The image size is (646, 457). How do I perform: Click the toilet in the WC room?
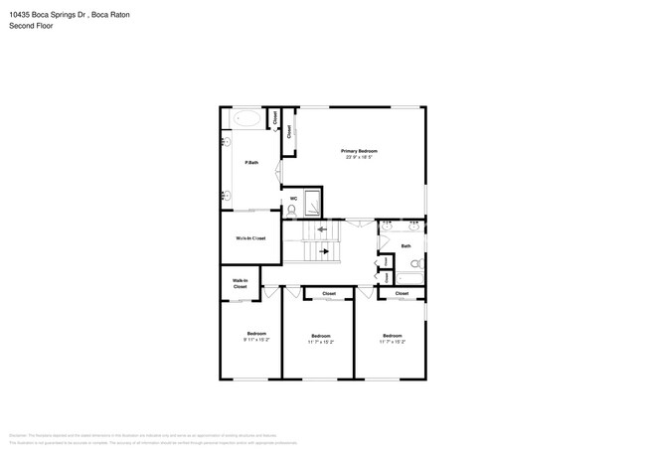click(x=292, y=210)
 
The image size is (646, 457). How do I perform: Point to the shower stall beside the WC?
click(x=312, y=201)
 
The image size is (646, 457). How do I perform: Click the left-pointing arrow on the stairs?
click(x=321, y=230)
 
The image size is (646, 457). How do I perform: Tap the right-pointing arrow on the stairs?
click(x=323, y=252)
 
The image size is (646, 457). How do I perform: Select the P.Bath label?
click(x=251, y=162)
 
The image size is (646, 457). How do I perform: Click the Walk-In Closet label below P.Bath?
click(x=250, y=238)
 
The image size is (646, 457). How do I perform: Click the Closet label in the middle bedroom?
click(x=329, y=294)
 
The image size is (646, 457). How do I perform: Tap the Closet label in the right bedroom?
click(x=402, y=294)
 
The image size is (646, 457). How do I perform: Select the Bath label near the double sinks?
click(x=405, y=245)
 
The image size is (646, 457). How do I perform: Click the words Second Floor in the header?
click(x=32, y=26)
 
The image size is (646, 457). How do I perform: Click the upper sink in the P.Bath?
click(x=225, y=141)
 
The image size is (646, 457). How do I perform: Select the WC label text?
click(x=293, y=198)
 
